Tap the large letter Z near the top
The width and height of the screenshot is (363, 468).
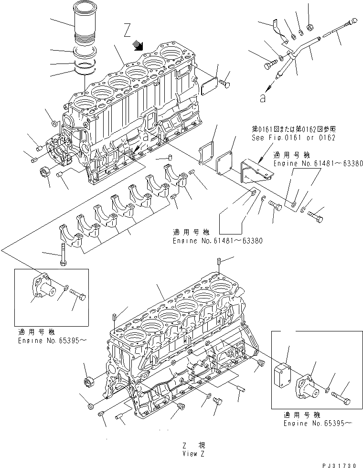(127, 32)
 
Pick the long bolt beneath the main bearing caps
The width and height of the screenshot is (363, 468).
(62, 253)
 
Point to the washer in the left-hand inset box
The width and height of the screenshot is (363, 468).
(64, 288)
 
